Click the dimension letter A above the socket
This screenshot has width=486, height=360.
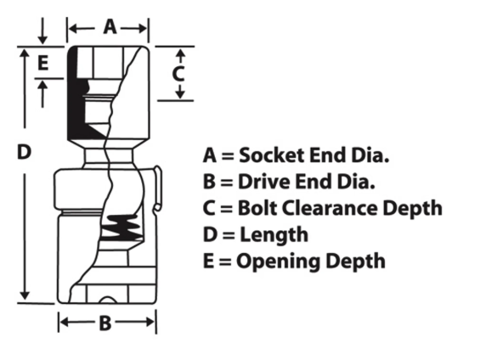pyautogui.click(x=110, y=26)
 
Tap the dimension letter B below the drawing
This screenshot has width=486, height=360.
pyautogui.click(x=105, y=323)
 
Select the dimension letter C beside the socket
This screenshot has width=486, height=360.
pyautogui.click(x=178, y=74)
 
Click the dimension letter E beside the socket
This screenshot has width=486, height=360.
pyautogui.click(x=42, y=63)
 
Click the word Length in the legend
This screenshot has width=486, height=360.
pyautogui.click(x=274, y=234)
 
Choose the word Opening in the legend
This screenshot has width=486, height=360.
pyautogui.click(x=278, y=262)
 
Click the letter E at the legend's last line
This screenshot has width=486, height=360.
pyautogui.click(x=208, y=261)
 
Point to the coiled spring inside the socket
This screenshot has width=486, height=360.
pyautogui.click(x=121, y=228)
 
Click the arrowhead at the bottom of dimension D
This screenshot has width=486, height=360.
pyautogui.click(x=25, y=295)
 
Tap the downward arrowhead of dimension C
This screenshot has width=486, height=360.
pyautogui.click(x=180, y=95)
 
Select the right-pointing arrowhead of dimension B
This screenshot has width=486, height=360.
pyautogui.click(x=150, y=322)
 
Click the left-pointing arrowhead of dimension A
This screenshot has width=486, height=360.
pyautogui.click(x=73, y=29)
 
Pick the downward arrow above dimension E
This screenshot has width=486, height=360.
pyautogui.click(x=42, y=31)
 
